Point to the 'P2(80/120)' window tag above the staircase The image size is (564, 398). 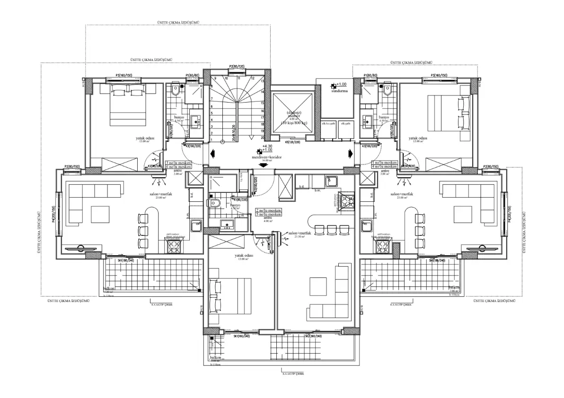(x=237, y=67)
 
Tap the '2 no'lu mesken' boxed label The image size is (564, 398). (x=269, y=210)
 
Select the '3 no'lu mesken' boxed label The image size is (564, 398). (x=178, y=162)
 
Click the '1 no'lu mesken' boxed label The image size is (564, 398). (x=384, y=162)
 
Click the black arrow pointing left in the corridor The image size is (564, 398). (x=211, y=153)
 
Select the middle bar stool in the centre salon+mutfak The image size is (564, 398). (x=330, y=229)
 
